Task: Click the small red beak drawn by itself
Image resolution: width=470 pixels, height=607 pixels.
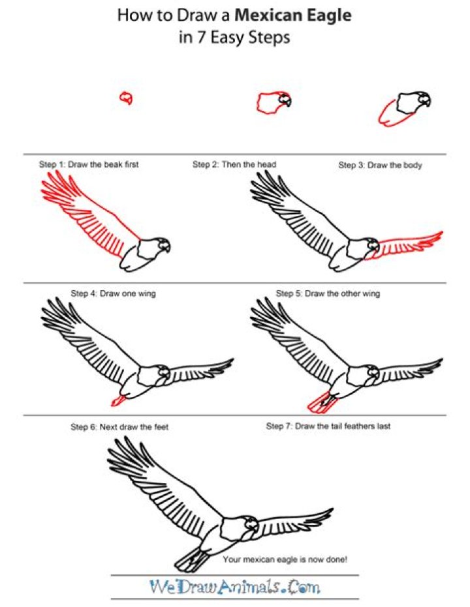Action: coord(126,98)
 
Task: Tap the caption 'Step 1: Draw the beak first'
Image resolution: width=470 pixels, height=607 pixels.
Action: coord(89,164)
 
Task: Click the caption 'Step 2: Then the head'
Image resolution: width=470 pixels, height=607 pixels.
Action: coord(234,164)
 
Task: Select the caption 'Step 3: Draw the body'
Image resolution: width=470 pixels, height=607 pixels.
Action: coord(380,166)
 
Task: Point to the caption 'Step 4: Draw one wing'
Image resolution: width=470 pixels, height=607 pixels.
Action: coord(113,293)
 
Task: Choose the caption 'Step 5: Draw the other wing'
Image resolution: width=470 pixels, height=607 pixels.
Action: coord(328,293)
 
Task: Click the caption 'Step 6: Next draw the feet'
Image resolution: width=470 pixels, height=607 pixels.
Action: coord(119,426)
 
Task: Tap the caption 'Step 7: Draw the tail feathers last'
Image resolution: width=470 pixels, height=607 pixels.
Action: coord(328,426)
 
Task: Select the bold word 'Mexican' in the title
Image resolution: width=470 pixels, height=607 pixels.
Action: coord(269,15)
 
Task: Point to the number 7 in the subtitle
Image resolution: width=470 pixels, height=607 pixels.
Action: coord(202,38)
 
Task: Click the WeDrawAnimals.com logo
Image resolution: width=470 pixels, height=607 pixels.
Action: coord(235,587)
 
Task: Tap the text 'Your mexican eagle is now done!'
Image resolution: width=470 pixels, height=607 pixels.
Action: coord(285,559)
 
